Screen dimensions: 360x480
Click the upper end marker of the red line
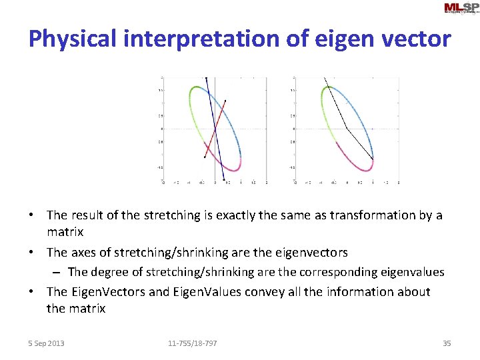(226, 101)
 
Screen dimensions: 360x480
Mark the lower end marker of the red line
(204, 157)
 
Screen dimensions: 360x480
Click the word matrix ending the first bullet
(65, 232)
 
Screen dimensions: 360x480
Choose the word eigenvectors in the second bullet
(310, 253)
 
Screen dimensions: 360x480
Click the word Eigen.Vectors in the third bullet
(110, 291)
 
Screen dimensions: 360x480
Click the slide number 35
(447, 343)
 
